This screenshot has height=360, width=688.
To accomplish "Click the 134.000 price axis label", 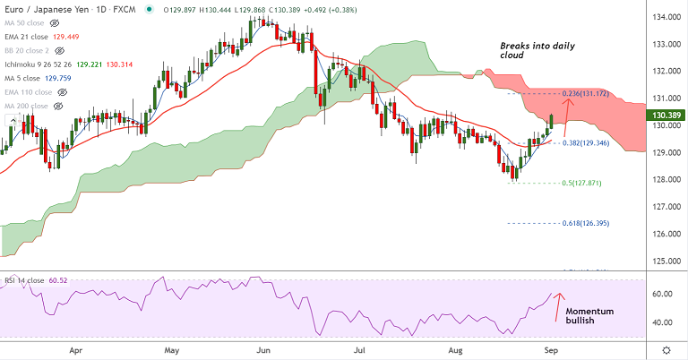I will [664, 16].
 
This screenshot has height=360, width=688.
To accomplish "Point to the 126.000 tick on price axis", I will [664, 235].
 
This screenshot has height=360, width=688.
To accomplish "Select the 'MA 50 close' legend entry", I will [27, 21].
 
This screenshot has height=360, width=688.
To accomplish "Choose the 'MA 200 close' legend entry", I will [28, 105].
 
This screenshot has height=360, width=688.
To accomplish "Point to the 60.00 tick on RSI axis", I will [662, 294].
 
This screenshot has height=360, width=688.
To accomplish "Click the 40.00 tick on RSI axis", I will [662, 321].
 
